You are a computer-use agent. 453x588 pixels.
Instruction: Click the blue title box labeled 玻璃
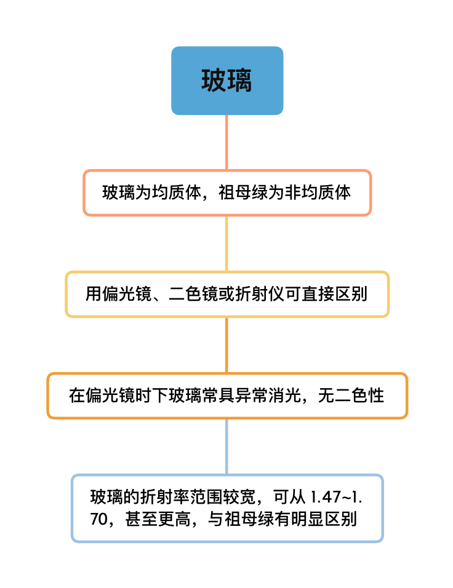pyautogui.click(x=227, y=81)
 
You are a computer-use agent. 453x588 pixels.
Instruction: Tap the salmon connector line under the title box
pyautogui.click(x=226, y=142)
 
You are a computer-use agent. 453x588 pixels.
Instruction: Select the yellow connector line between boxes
pyautogui.click(x=226, y=244)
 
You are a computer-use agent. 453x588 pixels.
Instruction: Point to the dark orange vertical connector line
pyautogui.click(x=226, y=345)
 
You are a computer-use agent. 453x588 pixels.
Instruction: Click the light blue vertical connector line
pyautogui.click(x=226, y=447)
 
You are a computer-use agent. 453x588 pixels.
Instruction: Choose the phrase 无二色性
pyautogui.click(x=351, y=395)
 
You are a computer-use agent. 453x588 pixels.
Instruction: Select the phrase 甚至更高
pyautogui.click(x=158, y=519)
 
